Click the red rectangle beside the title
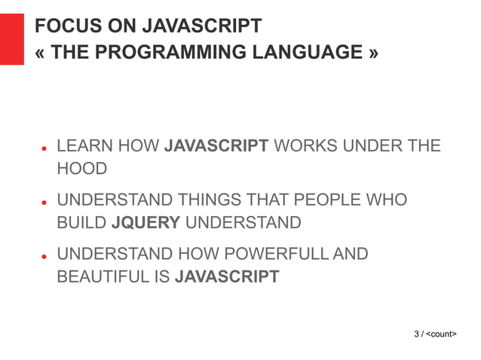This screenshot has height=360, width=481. tap(12, 39)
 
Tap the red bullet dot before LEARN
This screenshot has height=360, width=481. tap(45, 149)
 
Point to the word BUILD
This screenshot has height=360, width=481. tap(81, 223)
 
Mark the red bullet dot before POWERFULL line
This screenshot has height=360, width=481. tap(45, 257)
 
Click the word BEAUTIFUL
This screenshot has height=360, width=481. tap(104, 276)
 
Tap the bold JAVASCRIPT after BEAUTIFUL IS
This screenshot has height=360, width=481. tap(227, 276)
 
